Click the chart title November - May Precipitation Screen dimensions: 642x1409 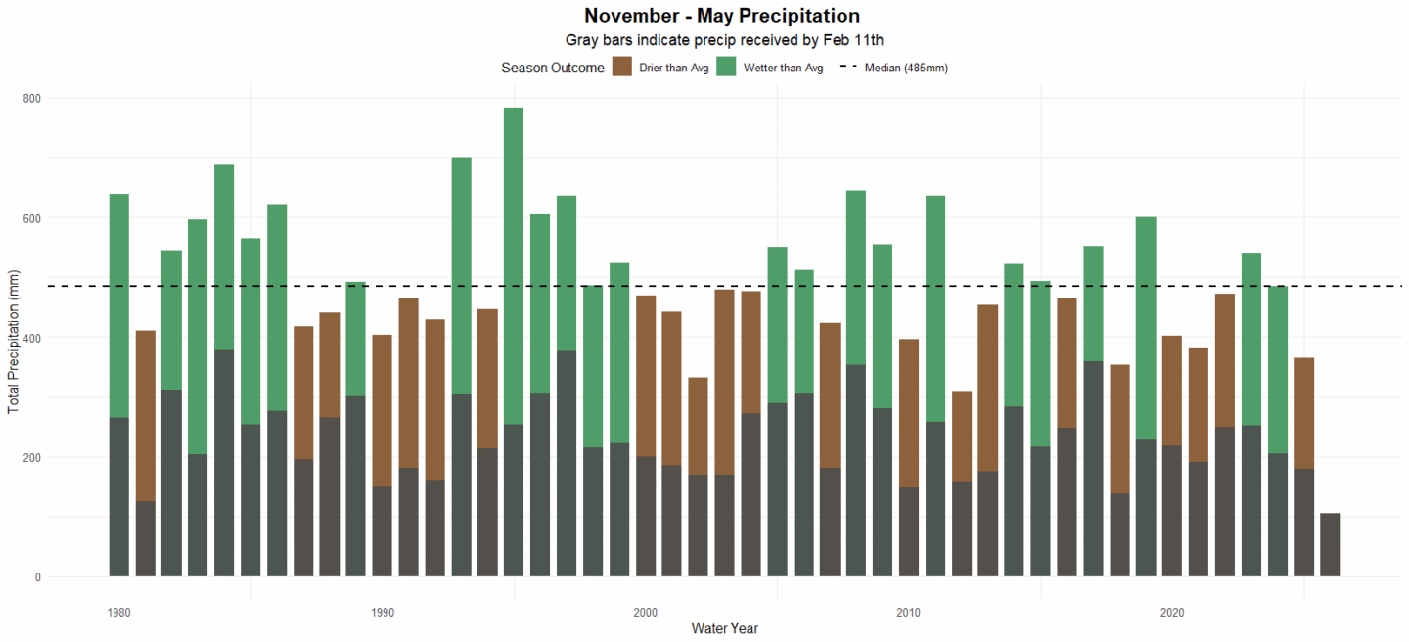[721, 16]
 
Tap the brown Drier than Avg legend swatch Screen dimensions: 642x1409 [622, 68]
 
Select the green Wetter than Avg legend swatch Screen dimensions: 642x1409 [726, 68]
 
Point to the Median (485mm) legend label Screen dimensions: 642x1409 [906, 69]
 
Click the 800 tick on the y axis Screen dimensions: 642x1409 [32, 98]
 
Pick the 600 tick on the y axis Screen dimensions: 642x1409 [32, 218]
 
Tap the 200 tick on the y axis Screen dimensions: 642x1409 [32, 457]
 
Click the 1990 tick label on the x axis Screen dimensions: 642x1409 [383, 613]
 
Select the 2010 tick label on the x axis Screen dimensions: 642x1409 [909, 613]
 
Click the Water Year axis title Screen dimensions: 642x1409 [724, 628]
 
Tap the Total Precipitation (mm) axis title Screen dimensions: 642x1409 [14, 338]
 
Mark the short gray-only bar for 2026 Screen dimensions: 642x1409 [1330, 545]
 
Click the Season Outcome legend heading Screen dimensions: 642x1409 [552, 69]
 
